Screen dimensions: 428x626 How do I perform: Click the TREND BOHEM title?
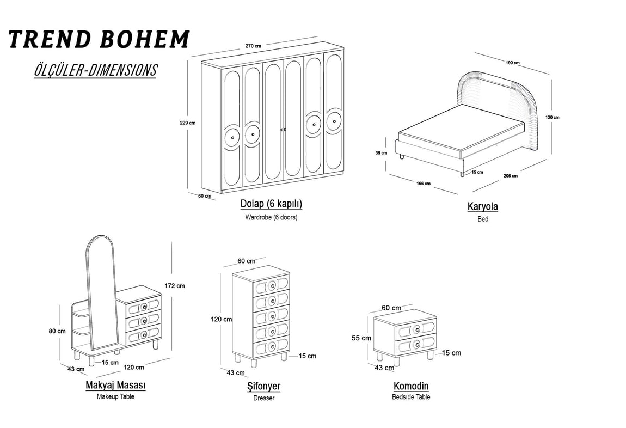99,40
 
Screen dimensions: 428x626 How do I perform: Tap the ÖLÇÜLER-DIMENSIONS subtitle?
95,70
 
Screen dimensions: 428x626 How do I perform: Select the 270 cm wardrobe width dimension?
254,46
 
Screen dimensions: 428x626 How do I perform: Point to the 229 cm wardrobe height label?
187,123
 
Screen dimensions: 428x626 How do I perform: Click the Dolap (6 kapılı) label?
271,204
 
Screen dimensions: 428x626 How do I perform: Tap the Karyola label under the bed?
482,207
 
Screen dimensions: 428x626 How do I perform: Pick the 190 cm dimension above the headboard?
512,63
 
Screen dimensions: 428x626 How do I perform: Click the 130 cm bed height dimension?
552,117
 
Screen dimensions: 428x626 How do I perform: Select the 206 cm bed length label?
510,176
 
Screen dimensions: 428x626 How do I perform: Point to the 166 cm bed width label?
424,184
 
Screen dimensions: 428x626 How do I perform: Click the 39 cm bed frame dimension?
382,153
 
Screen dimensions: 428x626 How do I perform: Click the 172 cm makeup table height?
174,285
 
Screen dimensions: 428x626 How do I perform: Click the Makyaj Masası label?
115,386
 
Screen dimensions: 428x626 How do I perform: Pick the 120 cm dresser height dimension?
221,319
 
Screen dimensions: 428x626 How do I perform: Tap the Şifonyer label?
263,387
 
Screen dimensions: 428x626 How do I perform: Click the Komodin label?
411,387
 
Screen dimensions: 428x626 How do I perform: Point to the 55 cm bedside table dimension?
361,338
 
